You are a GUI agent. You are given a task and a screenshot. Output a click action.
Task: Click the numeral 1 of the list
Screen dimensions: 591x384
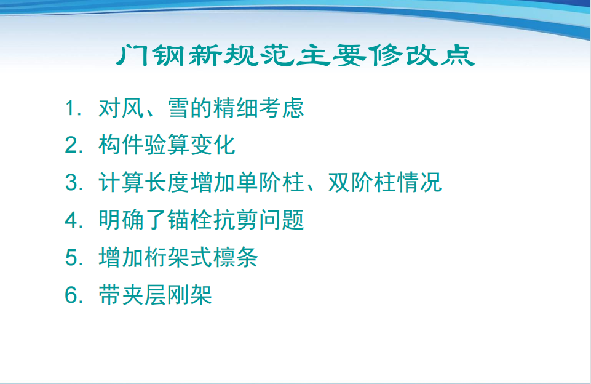point(69,108)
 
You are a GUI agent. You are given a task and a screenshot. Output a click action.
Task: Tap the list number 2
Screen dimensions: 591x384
point(71,145)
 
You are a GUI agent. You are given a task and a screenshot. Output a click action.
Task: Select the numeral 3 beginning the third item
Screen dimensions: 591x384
point(71,183)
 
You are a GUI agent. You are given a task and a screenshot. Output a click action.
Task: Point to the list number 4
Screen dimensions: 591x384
point(71,220)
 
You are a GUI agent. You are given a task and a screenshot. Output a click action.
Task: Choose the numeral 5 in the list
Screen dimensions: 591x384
point(71,257)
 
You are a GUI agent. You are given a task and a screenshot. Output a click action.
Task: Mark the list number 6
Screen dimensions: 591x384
point(71,295)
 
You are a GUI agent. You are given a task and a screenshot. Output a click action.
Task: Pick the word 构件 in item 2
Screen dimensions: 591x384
point(121,145)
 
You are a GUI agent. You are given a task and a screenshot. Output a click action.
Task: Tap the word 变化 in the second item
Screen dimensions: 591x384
point(213,145)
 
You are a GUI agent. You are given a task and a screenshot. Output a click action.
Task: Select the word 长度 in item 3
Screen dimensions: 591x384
point(167,182)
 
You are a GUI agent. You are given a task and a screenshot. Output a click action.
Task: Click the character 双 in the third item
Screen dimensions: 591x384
point(339,182)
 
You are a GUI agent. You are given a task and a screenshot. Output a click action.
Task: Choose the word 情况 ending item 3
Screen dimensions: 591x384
point(419,182)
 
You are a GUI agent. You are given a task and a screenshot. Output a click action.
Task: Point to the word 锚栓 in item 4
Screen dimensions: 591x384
point(190,220)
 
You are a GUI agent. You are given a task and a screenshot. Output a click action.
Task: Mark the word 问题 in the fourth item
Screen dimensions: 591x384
point(281,220)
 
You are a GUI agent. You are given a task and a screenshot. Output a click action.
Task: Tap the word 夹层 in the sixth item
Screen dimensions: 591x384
point(144,294)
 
